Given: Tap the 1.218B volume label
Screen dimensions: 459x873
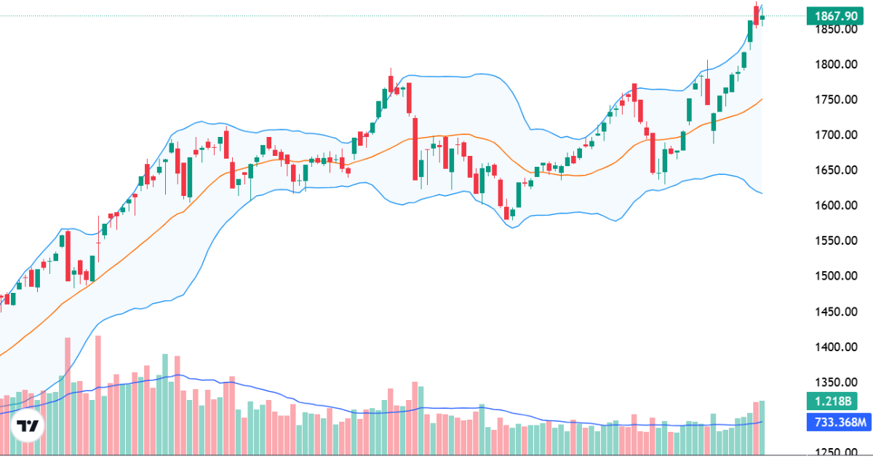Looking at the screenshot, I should (830, 401).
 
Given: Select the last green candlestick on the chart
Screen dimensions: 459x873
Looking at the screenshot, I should (762, 17).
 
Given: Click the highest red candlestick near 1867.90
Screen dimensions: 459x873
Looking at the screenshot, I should (757, 15).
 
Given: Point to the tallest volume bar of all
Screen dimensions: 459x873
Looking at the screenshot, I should (98, 393).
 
